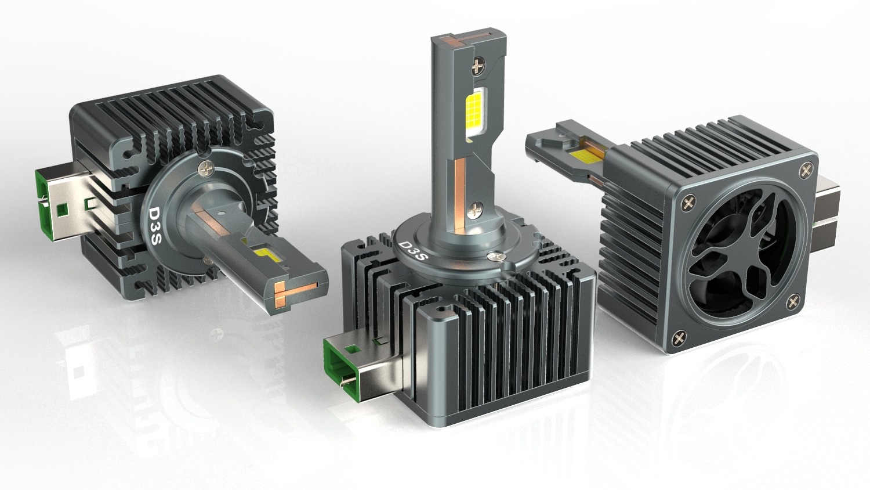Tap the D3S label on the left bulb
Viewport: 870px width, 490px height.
[x=155, y=226]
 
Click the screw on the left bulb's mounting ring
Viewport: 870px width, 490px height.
[x=206, y=168]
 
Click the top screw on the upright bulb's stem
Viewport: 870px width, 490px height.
[x=478, y=67]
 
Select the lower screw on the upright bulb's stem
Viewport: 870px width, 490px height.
[x=475, y=210]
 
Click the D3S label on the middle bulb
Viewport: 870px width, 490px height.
[x=414, y=251]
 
